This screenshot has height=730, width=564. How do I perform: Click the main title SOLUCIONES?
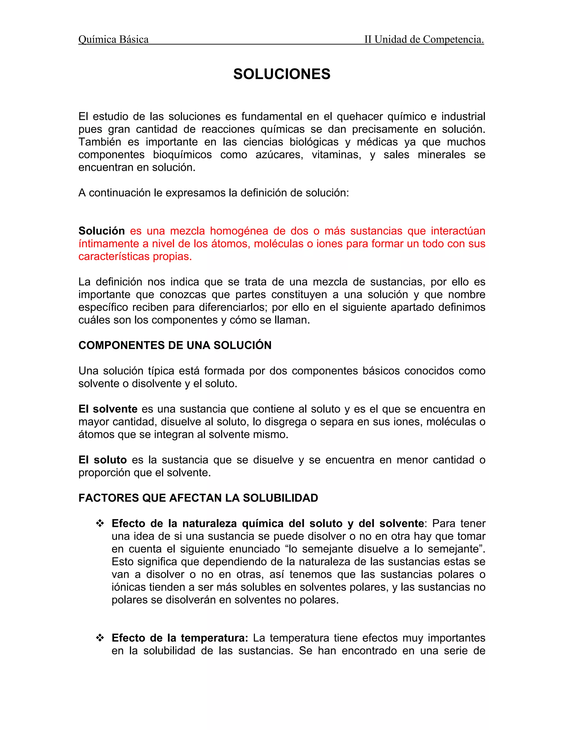tap(282, 74)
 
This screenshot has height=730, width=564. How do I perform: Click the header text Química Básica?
tap(113, 39)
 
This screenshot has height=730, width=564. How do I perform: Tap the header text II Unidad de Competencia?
tap(424, 39)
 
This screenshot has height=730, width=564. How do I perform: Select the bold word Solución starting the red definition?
tap(102, 231)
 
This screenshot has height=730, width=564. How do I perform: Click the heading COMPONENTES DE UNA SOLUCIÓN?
tap(175, 345)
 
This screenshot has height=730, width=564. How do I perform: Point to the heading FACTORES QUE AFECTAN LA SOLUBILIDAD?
tap(198, 498)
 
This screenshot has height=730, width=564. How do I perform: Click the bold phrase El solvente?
tap(108, 409)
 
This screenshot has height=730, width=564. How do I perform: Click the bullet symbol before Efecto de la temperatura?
tap(100, 638)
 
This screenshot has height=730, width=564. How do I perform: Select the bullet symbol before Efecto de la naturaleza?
tap(100, 523)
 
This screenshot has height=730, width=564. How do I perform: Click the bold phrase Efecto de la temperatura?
tap(180, 638)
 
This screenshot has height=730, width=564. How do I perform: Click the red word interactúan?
tap(458, 231)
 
